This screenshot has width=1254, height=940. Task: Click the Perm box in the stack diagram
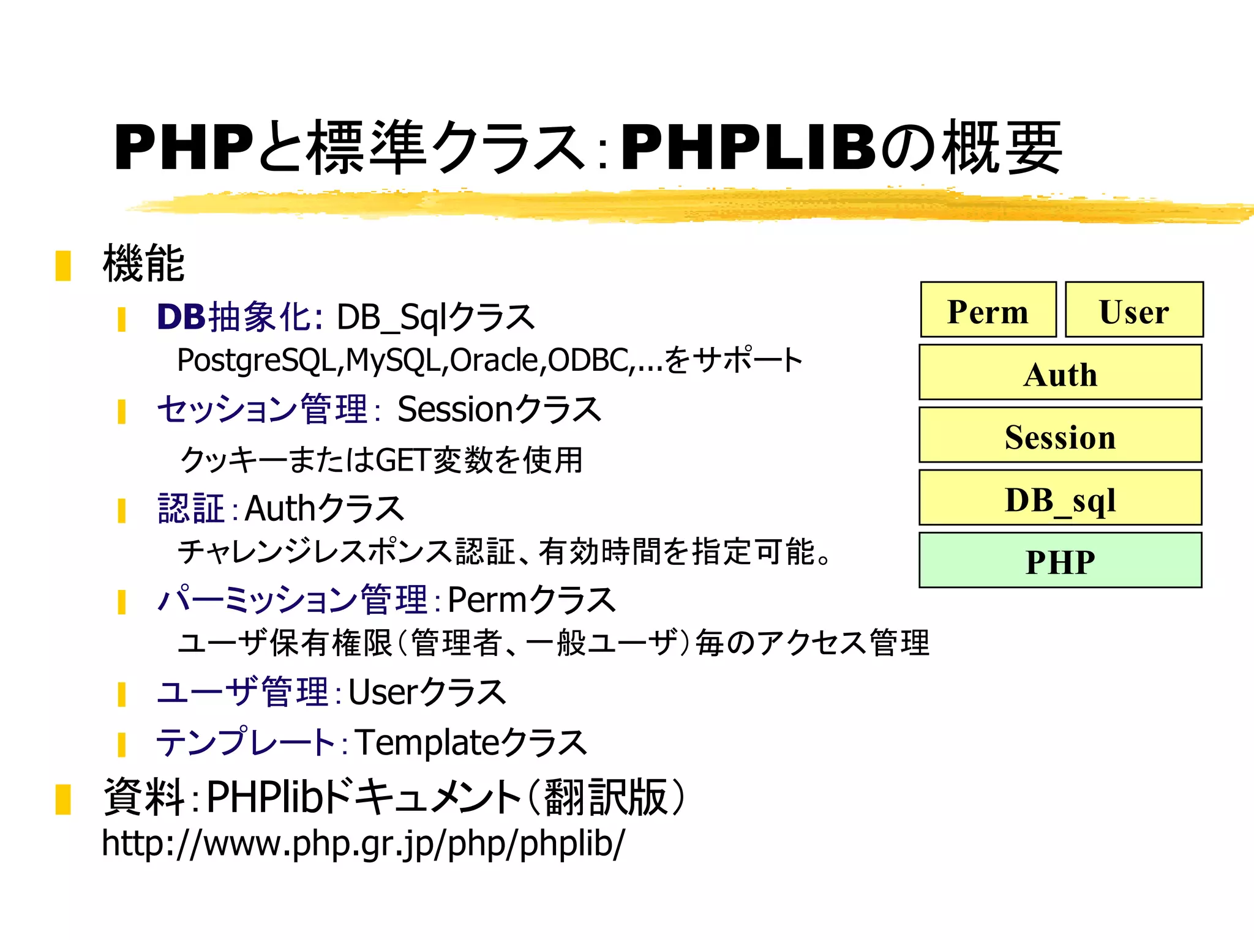point(988,310)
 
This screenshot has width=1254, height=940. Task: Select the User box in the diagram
point(1134,310)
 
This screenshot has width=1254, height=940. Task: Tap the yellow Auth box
point(1060,373)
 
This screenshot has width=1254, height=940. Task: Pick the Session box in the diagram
point(1060,436)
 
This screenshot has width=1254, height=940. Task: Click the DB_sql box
point(1060,498)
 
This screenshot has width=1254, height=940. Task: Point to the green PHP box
point(1060,561)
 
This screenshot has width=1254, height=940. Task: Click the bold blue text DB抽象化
point(238,318)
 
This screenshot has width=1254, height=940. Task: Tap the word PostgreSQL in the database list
point(257,360)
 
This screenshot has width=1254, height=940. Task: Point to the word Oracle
point(497,360)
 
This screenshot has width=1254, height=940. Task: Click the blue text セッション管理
point(262,409)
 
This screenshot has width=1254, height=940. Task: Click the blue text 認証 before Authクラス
point(191,509)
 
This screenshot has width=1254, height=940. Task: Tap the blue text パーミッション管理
point(292,600)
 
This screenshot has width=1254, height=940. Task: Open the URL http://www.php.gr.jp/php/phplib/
point(363,843)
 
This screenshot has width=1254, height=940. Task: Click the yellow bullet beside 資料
point(63,799)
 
